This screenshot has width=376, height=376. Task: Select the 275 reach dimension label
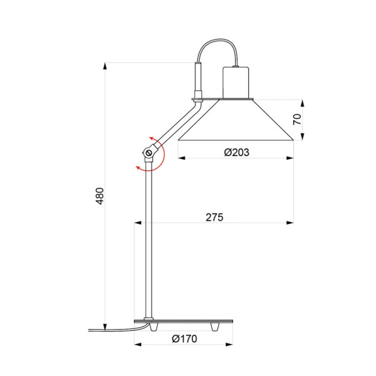click(214, 217)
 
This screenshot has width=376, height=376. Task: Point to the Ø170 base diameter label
click(184, 339)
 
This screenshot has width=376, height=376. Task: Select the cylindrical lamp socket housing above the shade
click(236, 81)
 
